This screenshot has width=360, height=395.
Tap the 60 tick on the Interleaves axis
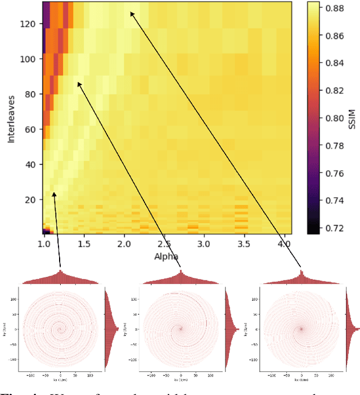tap(31, 129)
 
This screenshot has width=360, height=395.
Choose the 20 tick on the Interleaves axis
tap(31, 199)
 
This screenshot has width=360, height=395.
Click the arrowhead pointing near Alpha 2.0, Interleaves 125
tap(132, 13)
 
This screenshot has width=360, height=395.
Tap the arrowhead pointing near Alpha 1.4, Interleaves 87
tap(79, 83)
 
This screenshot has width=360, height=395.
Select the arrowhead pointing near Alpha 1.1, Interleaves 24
tap(55, 193)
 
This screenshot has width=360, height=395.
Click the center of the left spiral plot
tap(61, 329)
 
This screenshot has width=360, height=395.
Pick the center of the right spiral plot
tap(301, 329)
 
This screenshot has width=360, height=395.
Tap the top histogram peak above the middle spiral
tap(181, 273)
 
